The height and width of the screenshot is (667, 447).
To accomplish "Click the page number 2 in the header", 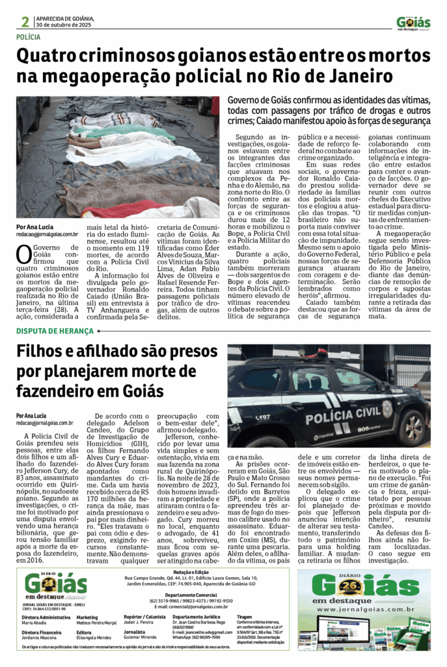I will tap(25, 21).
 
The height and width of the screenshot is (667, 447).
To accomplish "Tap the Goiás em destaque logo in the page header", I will tap(413, 22).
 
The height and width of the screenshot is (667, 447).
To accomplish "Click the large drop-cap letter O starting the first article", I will tap(23, 254).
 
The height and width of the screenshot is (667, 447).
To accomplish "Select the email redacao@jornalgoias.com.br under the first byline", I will tap(47, 234).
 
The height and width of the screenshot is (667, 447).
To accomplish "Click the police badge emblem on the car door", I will tap(387, 408).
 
